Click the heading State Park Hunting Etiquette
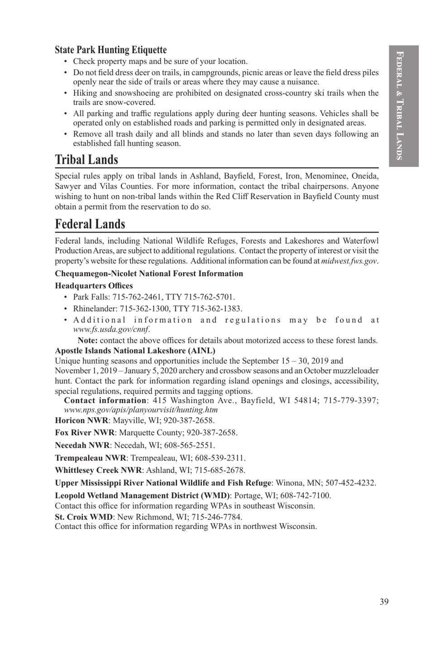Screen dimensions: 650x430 click(x=110, y=50)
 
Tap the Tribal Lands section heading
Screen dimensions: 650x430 click(x=86, y=160)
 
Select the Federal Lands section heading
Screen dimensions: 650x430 click(x=90, y=224)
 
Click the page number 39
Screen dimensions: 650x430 click(x=384, y=601)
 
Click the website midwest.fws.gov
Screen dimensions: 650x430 click(x=349, y=261)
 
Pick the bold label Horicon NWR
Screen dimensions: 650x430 click(x=81, y=420)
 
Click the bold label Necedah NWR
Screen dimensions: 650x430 click(x=82, y=445)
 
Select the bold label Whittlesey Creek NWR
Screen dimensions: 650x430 click(x=98, y=470)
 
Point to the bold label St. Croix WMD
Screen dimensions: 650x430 click(x=84, y=517)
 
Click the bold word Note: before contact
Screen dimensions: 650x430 click(x=87, y=340)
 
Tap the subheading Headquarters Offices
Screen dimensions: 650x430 click(x=94, y=286)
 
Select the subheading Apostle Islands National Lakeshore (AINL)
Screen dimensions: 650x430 click(x=135, y=350)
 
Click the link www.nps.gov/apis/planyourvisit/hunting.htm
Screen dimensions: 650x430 click(x=141, y=410)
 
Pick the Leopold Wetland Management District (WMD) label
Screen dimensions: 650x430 click(x=143, y=495)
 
